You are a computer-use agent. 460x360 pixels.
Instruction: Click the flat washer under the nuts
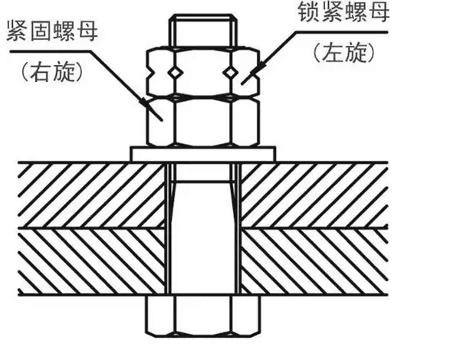pyautogui.click(x=203, y=154)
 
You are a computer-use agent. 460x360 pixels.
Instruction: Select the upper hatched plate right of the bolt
pyautogui.click(x=314, y=195)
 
